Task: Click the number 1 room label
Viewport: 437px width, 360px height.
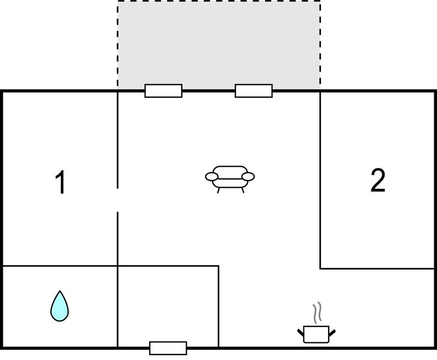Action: click(61, 182)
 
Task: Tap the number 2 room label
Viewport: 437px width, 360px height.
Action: click(377, 180)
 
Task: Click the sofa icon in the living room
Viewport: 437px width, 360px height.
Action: click(230, 177)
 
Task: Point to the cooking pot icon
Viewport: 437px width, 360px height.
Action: click(317, 333)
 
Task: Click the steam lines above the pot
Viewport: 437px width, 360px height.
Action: click(317, 313)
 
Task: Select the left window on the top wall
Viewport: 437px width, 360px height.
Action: click(164, 91)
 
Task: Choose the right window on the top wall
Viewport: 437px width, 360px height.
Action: click(254, 91)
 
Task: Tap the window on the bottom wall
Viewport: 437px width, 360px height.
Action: click(168, 348)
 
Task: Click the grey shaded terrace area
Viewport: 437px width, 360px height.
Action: click(219, 44)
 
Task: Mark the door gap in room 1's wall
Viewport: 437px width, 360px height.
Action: click(118, 200)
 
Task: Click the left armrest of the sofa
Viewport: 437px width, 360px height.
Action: click(212, 177)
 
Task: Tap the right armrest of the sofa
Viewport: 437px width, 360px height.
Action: click(248, 177)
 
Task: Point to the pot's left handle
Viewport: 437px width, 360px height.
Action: click(301, 332)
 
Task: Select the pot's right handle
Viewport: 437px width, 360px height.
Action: click(332, 332)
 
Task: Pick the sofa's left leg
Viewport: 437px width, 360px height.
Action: click(219, 190)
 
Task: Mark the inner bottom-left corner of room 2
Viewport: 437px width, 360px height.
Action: click(320, 268)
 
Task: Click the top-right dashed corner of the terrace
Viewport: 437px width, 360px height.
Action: click(320, 2)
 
